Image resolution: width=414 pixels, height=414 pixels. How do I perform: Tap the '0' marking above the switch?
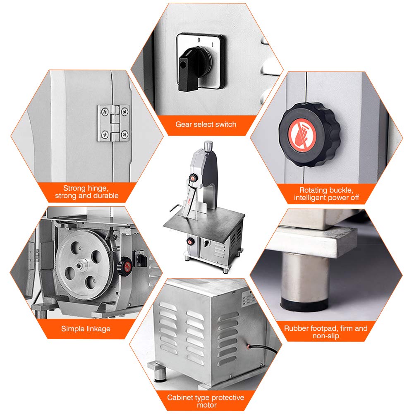point(199,40)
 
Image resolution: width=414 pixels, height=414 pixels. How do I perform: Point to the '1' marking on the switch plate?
point(212,44)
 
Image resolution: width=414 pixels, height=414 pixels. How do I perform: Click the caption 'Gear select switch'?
point(206,124)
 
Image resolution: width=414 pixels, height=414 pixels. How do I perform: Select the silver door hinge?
point(113,123)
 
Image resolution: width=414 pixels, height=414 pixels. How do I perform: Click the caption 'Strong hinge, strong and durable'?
point(86,192)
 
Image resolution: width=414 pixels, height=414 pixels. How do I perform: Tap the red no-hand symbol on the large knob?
point(302,135)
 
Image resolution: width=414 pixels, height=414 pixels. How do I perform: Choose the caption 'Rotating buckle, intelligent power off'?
point(326,194)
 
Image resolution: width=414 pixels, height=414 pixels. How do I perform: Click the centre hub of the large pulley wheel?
point(80,265)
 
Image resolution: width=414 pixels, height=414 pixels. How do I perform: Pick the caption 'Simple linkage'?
point(86,329)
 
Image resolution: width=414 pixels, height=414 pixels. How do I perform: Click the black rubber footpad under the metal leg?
point(304,304)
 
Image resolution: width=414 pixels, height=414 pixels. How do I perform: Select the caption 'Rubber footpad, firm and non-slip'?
point(326,332)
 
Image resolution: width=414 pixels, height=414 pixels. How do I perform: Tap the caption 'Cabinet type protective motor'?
point(206,401)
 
